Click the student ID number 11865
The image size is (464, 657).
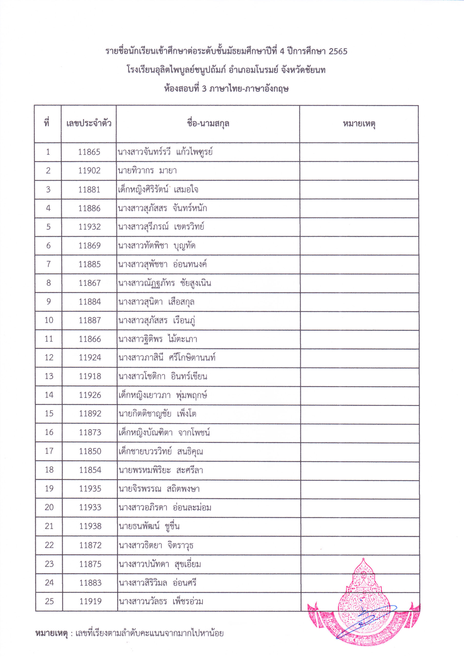pyautogui.click(x=89, y=152)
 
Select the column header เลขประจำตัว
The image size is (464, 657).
pyautogui.click(x=89, y=124)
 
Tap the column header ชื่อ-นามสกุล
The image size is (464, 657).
pyautogui.click(x=208, y=124)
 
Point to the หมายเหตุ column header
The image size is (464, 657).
pyautogui.click(x=359, y=124)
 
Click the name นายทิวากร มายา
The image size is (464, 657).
pyautogui.click(x=147, y=171)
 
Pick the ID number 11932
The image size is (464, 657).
pyautogui.click(x=89, y=227)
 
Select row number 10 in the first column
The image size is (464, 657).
pyautogui.click(x=49, y=320)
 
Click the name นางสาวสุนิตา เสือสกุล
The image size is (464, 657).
pyautogui.click(x=156, y=302)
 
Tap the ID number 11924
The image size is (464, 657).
pyautogui.click(x=90, y=358)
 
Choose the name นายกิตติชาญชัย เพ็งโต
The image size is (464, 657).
pyautogui.click(x=157, y=413)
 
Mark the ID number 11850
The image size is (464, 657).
pyautogui.click(x=90, y=451)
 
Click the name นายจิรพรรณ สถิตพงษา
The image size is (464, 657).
pyautogui.click(x=159, y=488)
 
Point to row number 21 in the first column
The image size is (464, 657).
pyautogui.click(x=49, y=526)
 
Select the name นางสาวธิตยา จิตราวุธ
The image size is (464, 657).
pyautogui.click(x=156, y=545)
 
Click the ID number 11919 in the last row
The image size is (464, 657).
pyautogui.click(x=90, y=601)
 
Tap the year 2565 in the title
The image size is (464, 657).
pyautogui.click(x=338, y=52)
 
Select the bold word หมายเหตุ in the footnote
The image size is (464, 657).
pyautogui.click(x=52, y=633)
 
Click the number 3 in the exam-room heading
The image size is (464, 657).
pyautogui.click(x=204, y=89)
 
